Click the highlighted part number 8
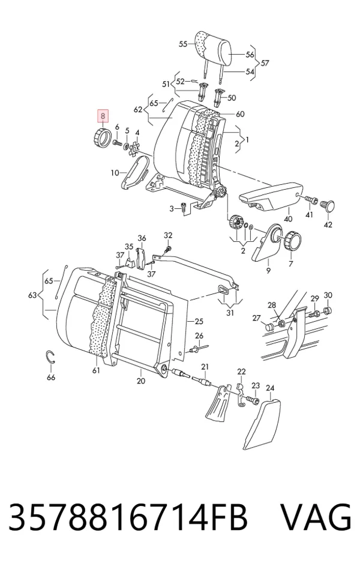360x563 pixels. (103, 116)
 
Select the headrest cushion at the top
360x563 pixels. (213, 49)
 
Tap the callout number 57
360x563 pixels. (265, 63)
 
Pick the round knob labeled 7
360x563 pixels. (293, 241)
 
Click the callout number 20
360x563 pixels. (141, 381)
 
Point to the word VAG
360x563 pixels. (316, 517)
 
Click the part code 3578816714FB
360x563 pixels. (128, 517)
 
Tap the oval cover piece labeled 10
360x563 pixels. (134, 174)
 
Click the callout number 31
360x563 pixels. (230, 313)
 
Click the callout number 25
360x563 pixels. (199, 321)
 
